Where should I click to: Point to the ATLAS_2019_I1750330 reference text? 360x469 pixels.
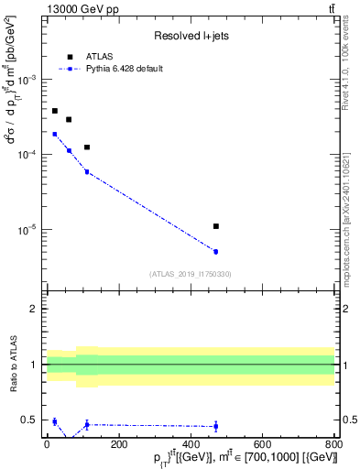pyautogui.click(x=191, y=274)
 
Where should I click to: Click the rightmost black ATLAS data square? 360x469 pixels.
pyautogui.click(x=215, y=226)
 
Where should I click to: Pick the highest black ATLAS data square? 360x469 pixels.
pyautogui.click(x=54, y=111)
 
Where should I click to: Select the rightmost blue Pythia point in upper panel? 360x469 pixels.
pyautogui.click(x=215, y=251)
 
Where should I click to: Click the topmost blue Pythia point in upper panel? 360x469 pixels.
pyautogui.click(x=54, y=134)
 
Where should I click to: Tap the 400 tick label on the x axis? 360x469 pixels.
pyautogui.click(x=191, y=444)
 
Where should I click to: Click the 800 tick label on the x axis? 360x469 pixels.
pyautogui.click(x=334, y=444)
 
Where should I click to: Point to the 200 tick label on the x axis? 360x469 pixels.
pyautogui.click(x=118, y=444)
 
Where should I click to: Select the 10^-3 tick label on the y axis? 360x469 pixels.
pyautogui.click(x=30, y=80)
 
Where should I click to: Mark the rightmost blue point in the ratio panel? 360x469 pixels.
pyautogui.click(x=215, y=426)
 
